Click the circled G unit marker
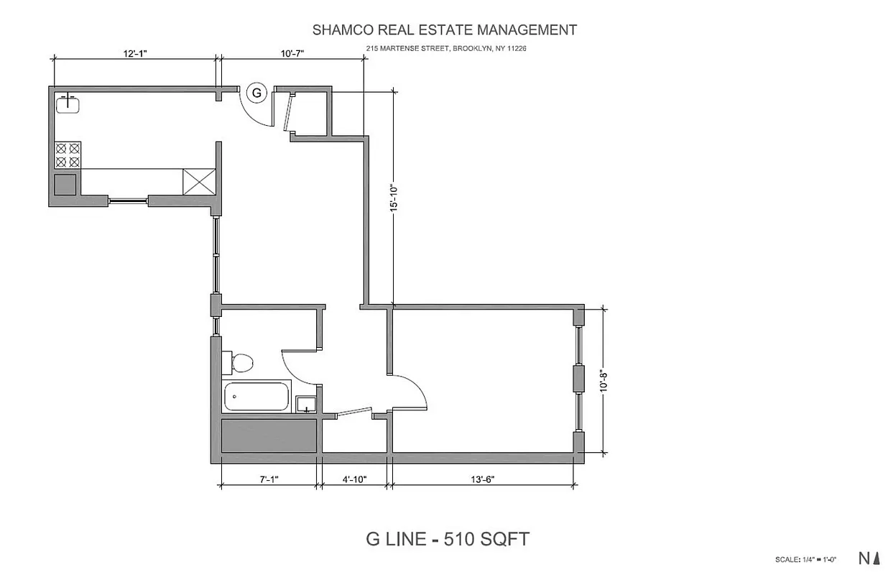(256, 92)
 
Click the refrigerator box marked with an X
(198, 181)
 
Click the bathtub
(256, 396)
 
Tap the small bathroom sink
(306, 405)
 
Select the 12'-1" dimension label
(136, 54)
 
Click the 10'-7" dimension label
(291, 54)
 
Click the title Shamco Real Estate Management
(444, 30)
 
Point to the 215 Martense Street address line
(446, 49)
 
